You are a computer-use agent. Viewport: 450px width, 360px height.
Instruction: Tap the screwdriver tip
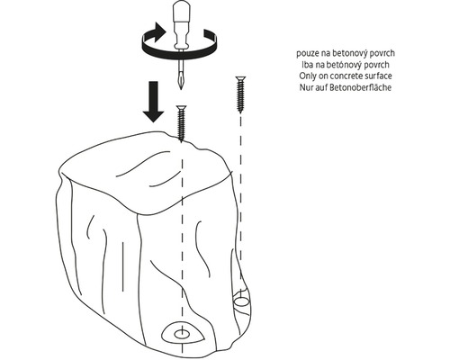[x=180, y=87]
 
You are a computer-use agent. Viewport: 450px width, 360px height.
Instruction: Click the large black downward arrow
[x=153, y=102]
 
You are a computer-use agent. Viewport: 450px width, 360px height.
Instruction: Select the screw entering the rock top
[x=181, y=123]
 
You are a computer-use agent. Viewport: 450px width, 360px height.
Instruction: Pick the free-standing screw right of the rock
[x=240, y=94]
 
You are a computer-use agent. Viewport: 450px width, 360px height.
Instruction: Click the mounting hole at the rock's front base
[x=182, y=333]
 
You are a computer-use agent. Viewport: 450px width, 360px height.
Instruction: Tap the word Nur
[x=306, y=87]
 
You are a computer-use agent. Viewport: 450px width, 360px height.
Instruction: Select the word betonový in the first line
[x=350, y=54]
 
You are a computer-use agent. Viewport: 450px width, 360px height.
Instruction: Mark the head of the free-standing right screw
[x=240, y=78]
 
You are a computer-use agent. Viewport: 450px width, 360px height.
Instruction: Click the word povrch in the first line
[x=382, y=54]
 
